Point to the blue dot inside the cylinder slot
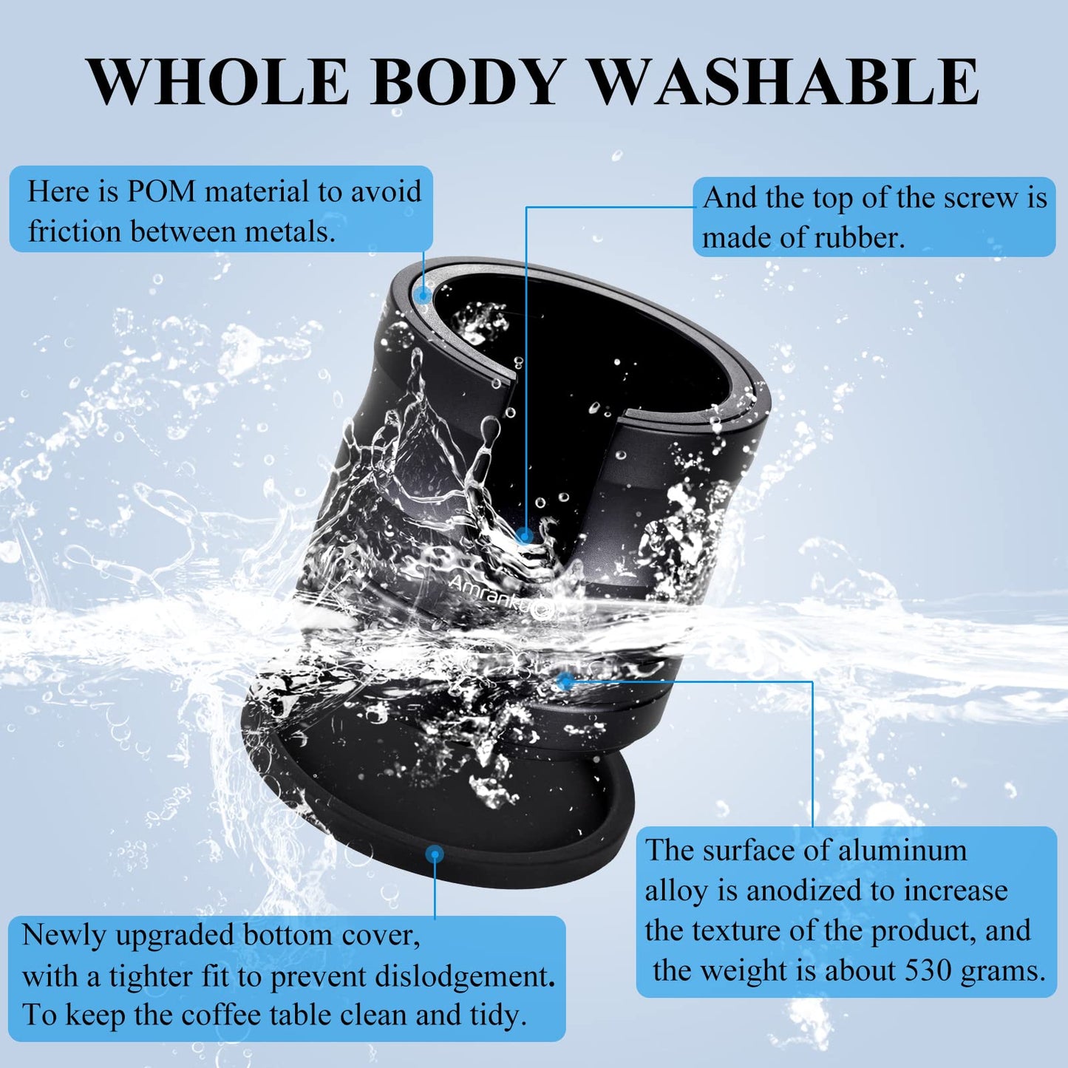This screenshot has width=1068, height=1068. (524, 535)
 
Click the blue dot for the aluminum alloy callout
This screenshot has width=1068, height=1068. (565, 681)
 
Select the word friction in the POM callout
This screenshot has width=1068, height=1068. (75, 231)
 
